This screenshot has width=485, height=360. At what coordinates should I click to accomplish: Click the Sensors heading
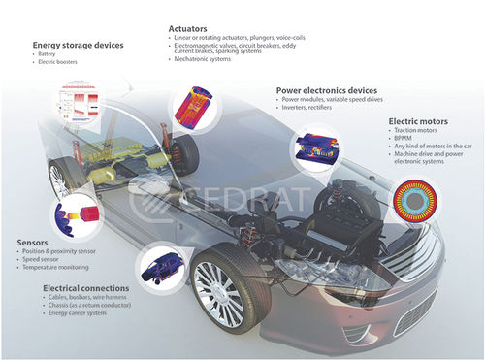pyautogui.click(x=34, y=242)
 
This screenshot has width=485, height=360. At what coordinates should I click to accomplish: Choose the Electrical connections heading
pyautogui.click(x=72, y=288)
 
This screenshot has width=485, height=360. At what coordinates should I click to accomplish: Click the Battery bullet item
pyautogui.click(x=48, y=54)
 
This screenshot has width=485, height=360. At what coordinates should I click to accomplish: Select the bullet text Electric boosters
pyautogui.click(x=56, y=63)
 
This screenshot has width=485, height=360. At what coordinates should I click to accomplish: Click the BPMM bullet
pyautogui.click(x=406, y=140)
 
